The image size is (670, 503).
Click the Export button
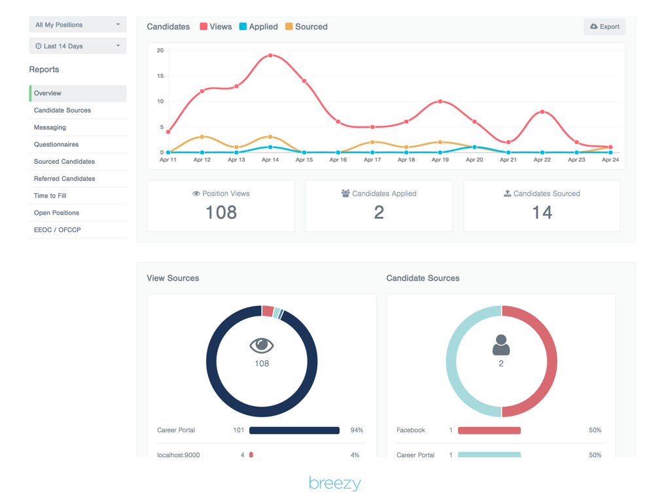point(605,27)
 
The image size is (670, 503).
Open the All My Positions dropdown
point(78,25)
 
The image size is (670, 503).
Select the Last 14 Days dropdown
point(78,46)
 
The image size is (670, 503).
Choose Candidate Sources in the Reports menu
point(63,110)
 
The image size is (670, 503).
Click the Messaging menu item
point(50,127)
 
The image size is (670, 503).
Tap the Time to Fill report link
point(50,195)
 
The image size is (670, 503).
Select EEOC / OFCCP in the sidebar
point(58,230)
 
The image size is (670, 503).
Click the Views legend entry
point(216,27)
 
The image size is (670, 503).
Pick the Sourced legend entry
point(306,27)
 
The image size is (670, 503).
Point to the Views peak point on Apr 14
point(270,56)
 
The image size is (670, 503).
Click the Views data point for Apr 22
point(542,112)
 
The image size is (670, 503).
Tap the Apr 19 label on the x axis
point(440,160)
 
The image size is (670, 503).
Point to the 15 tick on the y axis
point(160,75)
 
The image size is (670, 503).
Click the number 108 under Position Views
point(221,212)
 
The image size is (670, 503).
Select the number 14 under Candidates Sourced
point(542,212)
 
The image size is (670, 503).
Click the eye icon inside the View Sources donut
point(262,346)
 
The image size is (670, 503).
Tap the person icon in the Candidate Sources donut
point(501,345)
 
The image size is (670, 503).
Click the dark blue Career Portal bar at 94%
point(294,430)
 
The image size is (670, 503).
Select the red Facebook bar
point(489,430)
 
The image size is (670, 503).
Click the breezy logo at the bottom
point(335,484)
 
